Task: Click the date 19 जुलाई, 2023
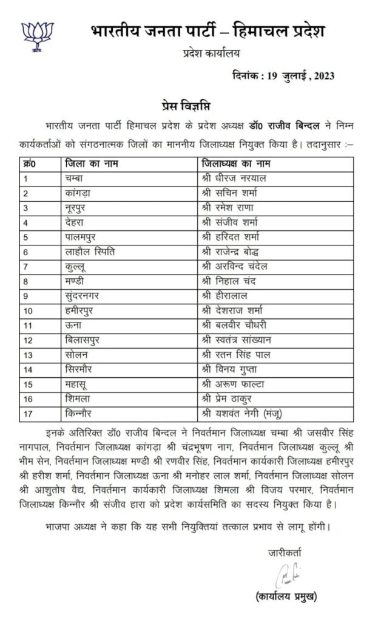(x=283, y=76)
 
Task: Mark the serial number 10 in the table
(x=28, y=311)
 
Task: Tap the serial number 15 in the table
(x=28, y=384)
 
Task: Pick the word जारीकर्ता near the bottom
(x=284, y=552)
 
